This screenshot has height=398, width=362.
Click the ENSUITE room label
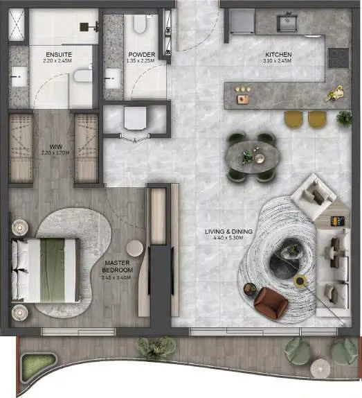click(59, 54)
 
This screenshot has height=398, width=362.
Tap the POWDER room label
click(141, 54)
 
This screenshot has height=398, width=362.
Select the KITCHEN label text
click(279, 54)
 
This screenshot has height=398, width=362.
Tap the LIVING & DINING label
click(228, 231)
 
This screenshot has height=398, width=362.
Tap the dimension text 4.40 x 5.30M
click(228, 240)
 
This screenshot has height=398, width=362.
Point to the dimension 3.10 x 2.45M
click(279, 61)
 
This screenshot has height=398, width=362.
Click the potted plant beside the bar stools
click(344, 118)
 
